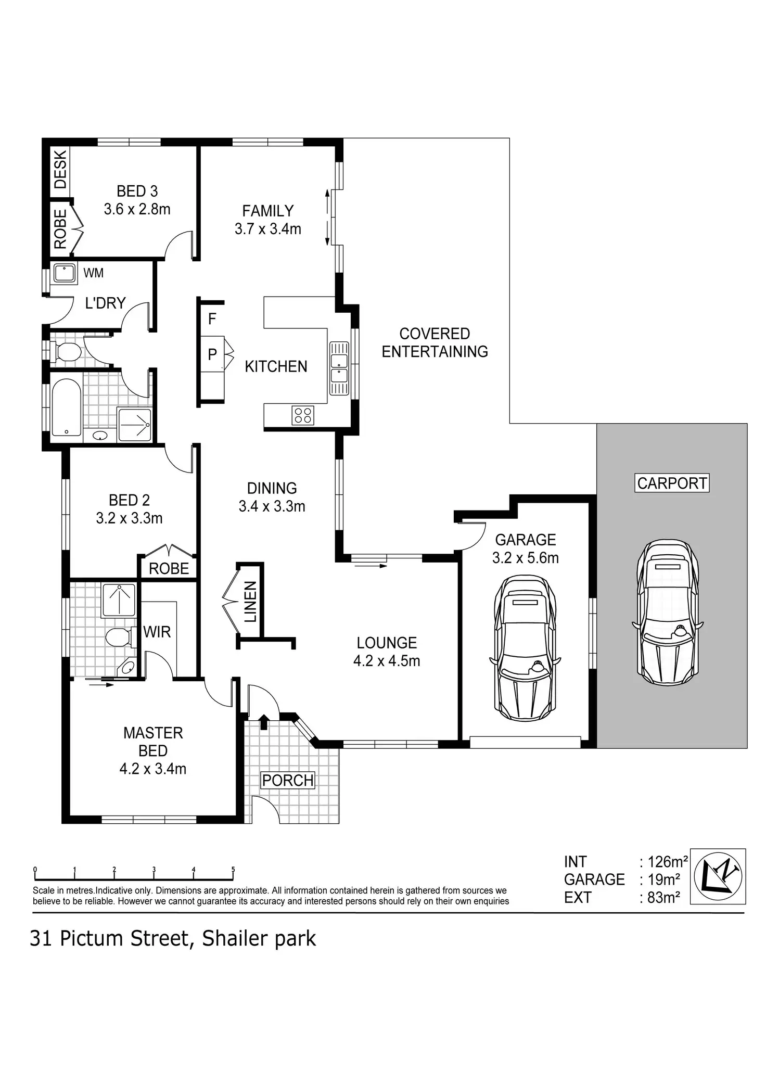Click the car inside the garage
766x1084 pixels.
click(x=525, y=647)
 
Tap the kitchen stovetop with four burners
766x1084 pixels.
click(x=303, y=415)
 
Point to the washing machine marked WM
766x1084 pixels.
click(x=65, y=274)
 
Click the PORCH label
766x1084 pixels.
click(x=288, y=780)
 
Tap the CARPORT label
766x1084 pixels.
click(x=672, y=483)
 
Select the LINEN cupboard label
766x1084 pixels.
click(x=251, y=602)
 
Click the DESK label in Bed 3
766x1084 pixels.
click(x=60, y=169)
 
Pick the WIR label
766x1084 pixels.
click(x=157, y=632)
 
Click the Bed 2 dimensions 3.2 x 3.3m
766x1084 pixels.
click(x=130, y=518)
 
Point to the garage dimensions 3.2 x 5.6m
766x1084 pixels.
click(x=526, y=558)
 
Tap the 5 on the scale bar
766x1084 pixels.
click(x=233, y=870)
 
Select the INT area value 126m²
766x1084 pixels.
click(x=668, y=862)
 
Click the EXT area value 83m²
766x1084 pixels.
click(x=664, y=897)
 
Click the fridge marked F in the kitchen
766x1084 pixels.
click(x=212, y=318)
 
